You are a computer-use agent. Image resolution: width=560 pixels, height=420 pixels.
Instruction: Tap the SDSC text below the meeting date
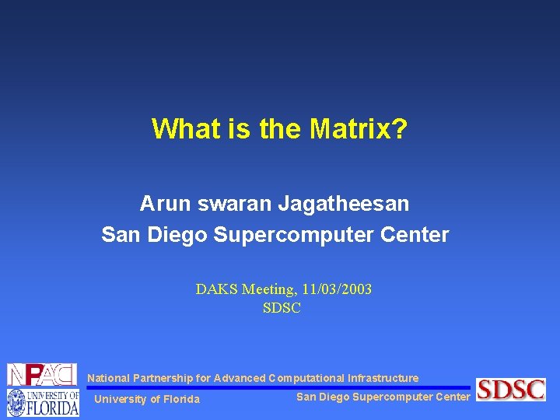[x=282, y=308]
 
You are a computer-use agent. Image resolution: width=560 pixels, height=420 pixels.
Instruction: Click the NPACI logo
[x=42, y=374]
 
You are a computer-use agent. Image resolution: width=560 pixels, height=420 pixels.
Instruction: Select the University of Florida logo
[x=43, y=403]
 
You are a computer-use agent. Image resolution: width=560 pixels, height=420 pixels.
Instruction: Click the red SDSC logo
[x=511, y=389]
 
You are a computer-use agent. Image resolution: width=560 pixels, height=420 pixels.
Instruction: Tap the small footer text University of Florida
[x=146, y=399]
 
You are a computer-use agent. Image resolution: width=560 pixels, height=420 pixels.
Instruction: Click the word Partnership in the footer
[x=163, y=378]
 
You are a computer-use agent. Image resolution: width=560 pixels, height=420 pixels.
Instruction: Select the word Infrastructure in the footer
[x=383, y=378]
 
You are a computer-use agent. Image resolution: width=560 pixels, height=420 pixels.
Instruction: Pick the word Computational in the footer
[x=306, y=378]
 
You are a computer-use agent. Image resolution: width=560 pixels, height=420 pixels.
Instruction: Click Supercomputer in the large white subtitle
[x=322, y=234]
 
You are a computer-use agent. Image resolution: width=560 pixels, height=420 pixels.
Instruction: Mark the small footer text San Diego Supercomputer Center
[x=383, y=397]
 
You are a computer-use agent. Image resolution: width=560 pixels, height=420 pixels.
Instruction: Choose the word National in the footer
[x=108, y=378]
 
